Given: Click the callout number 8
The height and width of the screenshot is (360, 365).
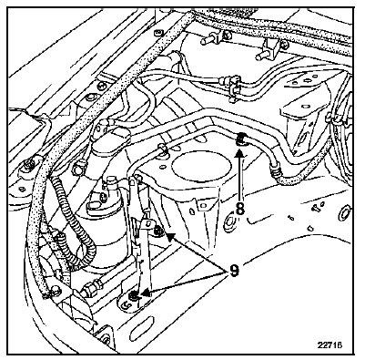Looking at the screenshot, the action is [x=240, y=209].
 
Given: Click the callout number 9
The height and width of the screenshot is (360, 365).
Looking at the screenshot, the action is [x=233, y=270].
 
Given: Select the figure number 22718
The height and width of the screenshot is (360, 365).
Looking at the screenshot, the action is [x=330, y=345].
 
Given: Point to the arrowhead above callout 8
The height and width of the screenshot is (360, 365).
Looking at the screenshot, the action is [x=240, y=153].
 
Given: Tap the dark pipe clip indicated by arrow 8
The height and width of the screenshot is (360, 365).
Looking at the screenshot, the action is [x=241, y=139].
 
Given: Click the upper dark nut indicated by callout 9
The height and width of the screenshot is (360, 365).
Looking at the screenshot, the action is [x=157, y=231].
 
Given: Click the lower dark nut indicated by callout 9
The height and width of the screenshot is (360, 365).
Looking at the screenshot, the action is [x=134, y=295].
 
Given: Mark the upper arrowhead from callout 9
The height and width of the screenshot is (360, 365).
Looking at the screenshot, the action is [x=170, y=237].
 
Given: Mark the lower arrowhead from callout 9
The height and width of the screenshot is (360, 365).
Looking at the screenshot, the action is [x=146, y=293].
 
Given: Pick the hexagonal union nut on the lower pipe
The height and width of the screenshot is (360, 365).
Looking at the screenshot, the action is [x=88, y=290].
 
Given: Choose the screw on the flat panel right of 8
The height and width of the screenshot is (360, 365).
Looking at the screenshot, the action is [x=316, y=208].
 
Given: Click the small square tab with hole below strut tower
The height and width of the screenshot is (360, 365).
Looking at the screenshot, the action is [x=201, y=203].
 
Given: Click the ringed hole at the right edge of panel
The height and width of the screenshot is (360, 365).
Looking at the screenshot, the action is [x=345, y=213].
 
